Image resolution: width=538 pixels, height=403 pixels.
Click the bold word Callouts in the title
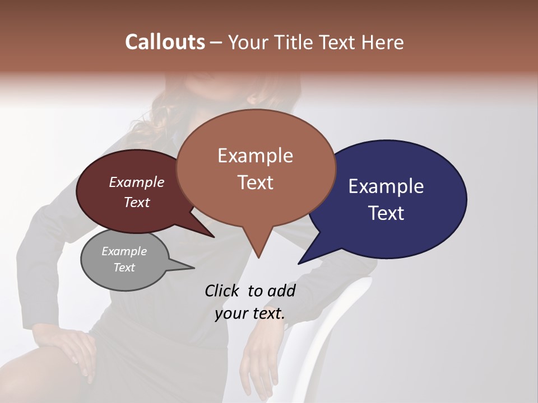click(165, 42)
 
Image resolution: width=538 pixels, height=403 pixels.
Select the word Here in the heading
click(382, 42)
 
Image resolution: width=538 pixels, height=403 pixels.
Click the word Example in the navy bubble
click(386, 186)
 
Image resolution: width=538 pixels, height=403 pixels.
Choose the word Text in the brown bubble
click(256, 182)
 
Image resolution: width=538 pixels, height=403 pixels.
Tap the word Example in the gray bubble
click(124, 252)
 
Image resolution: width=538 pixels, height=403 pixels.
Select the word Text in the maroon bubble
click(137, 203)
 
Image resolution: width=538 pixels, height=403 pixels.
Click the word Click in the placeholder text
click(222, 290)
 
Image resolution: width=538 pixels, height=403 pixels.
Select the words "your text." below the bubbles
click(250, 313)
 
